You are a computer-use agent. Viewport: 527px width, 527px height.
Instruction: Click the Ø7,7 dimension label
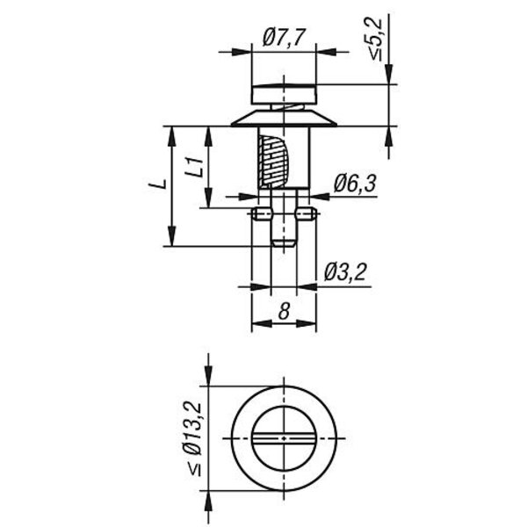[284, 37]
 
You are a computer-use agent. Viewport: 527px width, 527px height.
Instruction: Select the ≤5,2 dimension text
[376, 40]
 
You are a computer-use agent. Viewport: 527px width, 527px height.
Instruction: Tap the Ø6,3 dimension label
[355, 184]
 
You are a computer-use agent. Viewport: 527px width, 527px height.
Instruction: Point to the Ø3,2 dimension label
[345, 272]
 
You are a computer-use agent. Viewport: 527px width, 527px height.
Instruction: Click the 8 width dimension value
[284, 311]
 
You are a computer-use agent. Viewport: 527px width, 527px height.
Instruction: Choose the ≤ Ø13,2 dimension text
[195, 438]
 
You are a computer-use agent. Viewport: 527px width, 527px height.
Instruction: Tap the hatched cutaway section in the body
[272, 162]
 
